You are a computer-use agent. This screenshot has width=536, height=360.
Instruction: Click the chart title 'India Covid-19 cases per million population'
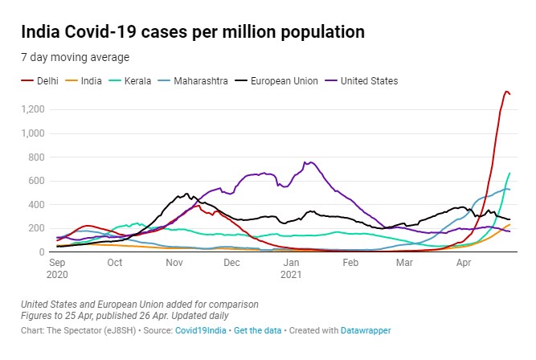(x=193, y=33)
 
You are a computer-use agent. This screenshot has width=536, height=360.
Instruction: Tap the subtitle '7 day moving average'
(x=76, y=57)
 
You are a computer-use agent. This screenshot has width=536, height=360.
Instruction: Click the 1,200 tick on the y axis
(x=34, y=109)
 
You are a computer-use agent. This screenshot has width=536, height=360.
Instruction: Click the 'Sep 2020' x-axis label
(x=57, y=268)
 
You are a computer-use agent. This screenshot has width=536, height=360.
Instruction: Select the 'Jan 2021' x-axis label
(x=290, y=268)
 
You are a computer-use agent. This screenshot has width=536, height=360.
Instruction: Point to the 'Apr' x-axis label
(x=463, y=262)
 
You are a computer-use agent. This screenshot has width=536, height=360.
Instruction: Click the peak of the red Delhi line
(x=506, y=91)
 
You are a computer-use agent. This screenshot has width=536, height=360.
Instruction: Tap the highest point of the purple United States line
(x=312, y=162)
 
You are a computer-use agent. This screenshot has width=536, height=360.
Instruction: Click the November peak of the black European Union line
(x=186, y=194)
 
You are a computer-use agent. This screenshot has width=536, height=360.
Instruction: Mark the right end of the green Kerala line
(x=509, y=173)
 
